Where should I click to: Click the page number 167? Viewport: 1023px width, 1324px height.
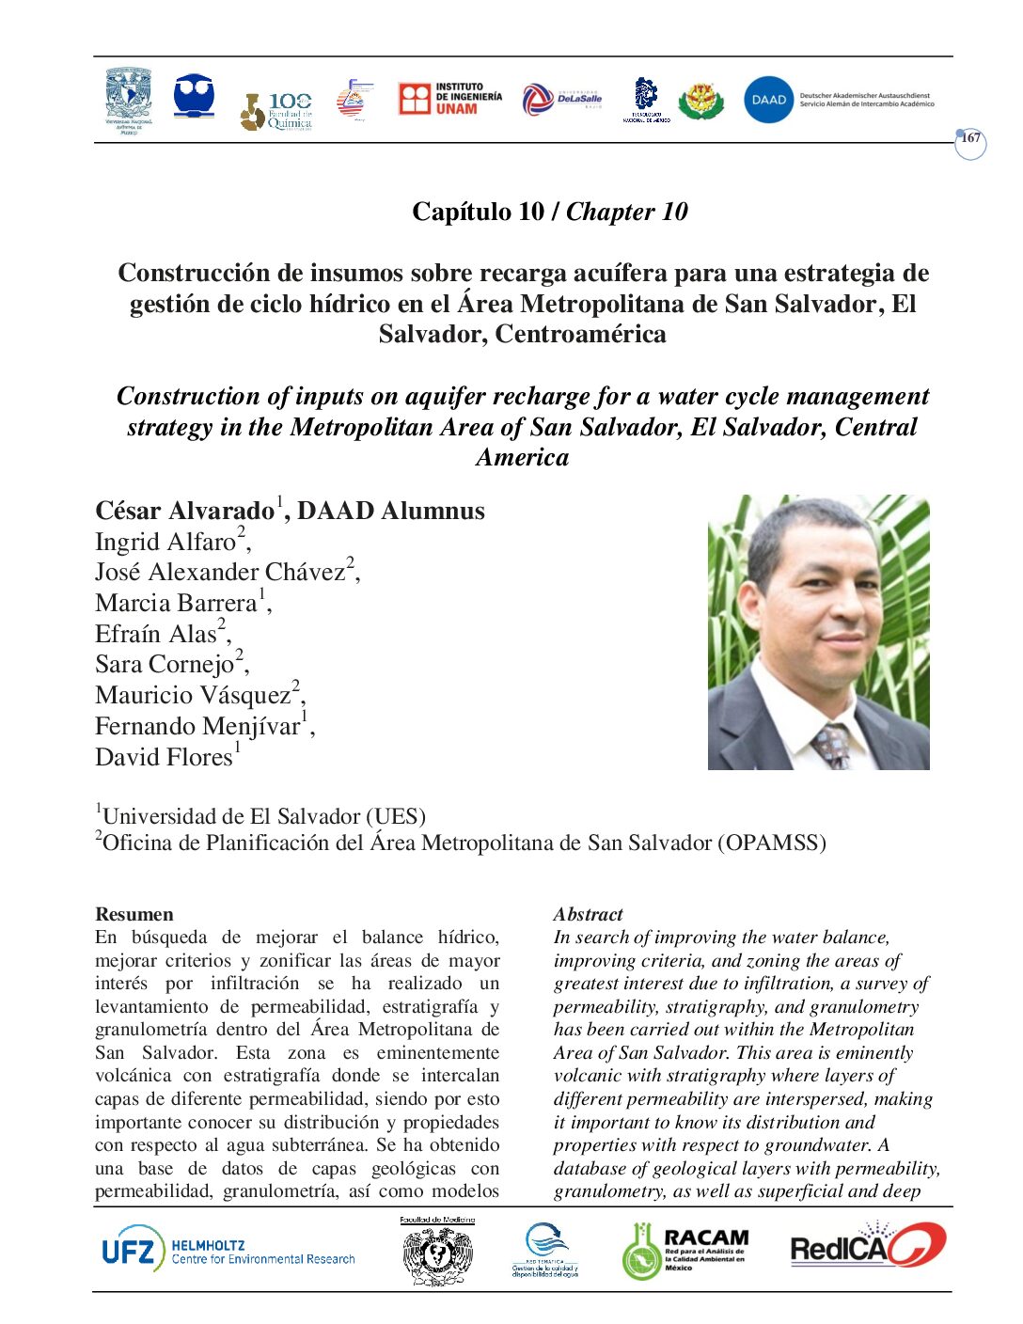(x=970, y=139)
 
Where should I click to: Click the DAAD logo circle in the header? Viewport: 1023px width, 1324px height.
(x=768, y=100)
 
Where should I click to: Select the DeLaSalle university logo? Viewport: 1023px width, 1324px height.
(x=561, y=99)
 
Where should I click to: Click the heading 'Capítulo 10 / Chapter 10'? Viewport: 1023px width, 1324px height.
(x=549, y=212)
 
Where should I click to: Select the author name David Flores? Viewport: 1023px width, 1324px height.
(x=165, y=757)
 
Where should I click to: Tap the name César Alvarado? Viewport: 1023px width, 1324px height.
(x=184, y=512)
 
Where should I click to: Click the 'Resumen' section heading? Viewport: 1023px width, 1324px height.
(x=134, y=914)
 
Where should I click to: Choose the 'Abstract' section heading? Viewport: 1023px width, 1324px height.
(x=588, y=914)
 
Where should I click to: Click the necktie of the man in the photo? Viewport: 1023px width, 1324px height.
(x=833, y=746)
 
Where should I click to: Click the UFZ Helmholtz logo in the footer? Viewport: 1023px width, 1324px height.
(x=228, y=1251)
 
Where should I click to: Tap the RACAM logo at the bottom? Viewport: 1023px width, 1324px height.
(x=685, y=1251)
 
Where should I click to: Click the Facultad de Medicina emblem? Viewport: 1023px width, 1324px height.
(x=437, y=1253)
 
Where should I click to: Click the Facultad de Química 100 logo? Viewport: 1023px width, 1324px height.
(x=276, y=111)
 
